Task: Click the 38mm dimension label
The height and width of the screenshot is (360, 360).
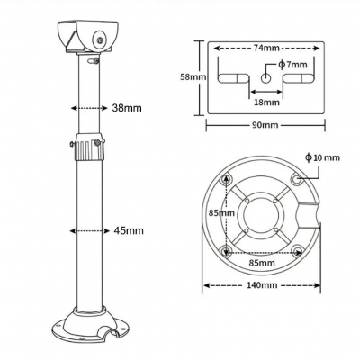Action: (127, 108)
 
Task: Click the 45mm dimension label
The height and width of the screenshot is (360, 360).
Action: (129, 230)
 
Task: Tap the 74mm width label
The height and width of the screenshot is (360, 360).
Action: (266, 48)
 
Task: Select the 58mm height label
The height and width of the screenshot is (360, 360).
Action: (193, 77)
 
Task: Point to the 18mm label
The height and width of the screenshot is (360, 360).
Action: (266, 103)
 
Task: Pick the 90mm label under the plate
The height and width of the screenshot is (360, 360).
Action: (265, 125)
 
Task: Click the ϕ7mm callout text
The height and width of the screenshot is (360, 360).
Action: (292, 65)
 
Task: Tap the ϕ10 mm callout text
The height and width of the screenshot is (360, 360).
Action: (322, 157)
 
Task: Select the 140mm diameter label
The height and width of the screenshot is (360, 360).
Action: (262, 285)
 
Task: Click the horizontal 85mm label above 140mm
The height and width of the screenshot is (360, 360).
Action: (262, 263)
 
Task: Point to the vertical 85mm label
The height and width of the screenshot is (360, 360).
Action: (221, 213)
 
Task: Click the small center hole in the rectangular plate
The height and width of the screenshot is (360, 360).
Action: (265, 78)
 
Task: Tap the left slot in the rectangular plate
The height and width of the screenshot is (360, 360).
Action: (233, 78)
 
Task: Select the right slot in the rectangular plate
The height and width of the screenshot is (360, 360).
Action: (299, 78)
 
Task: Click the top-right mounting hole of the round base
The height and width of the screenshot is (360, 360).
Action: (296, 179)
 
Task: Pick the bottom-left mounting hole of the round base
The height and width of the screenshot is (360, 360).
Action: (226, 250)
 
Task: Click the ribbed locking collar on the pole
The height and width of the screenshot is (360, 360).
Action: (89, 148)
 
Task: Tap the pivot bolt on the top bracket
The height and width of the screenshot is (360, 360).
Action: (100, 40)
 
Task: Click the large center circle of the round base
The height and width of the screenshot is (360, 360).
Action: (264, 214)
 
